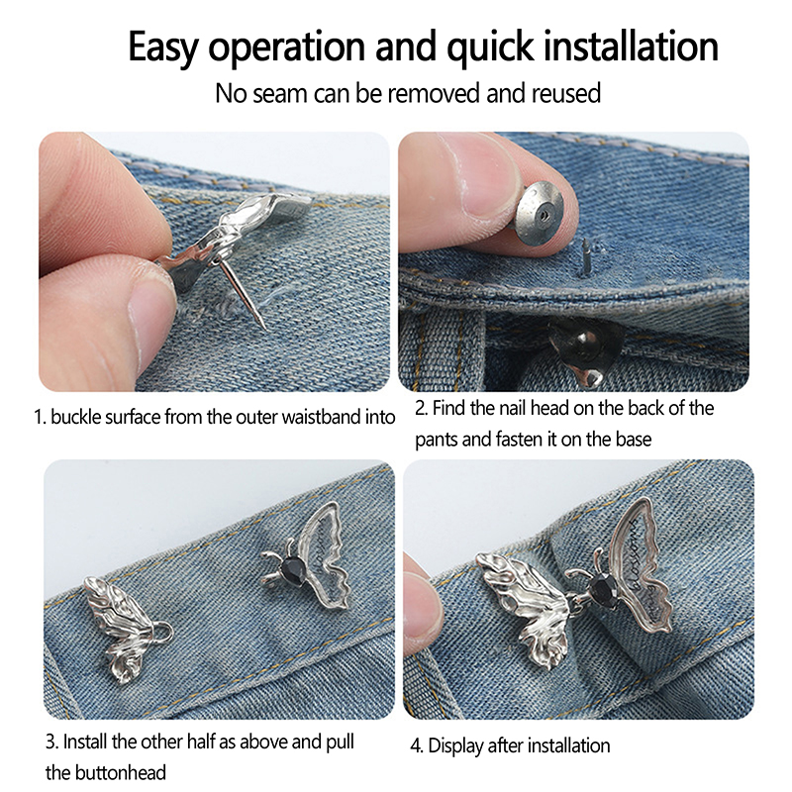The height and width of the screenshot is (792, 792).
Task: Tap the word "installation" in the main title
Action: coord(631,46)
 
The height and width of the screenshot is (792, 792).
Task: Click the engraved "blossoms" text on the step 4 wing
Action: coord(639,554)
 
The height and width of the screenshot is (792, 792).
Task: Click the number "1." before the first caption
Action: coord(41,417)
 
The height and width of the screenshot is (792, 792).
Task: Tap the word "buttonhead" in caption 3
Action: coord(120,773)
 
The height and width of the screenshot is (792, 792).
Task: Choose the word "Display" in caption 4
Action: coord(455,746)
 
